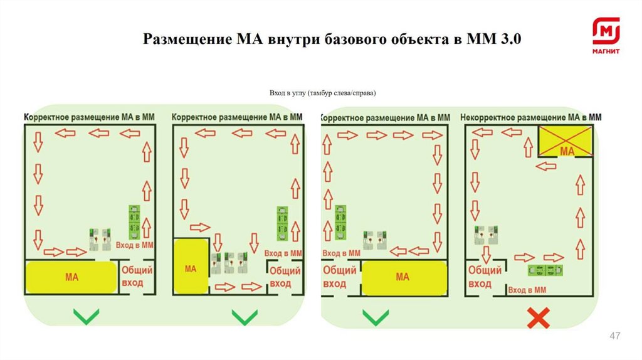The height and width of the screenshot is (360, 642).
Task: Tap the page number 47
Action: pyautogui.click(x=615, y=337)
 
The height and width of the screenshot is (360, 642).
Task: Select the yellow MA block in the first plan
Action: pyautogui.click(x=71, y=277)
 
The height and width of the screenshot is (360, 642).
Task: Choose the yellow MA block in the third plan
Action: pyautogui.click(x=403, y=277)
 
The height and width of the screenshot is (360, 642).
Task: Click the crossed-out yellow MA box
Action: pyautogui.click(x=566, y=142)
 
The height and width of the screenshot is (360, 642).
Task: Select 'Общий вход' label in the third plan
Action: pyautogui.click(x=339, y=277)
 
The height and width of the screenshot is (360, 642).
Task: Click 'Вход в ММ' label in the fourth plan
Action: pyautogui.click(x=527, y=290)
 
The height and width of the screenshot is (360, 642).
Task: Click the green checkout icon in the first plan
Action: pyautogui.click(x=134, y=221)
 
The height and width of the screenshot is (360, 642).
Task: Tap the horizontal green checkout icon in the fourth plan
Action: pyautogui.click(x=545, y=270)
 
